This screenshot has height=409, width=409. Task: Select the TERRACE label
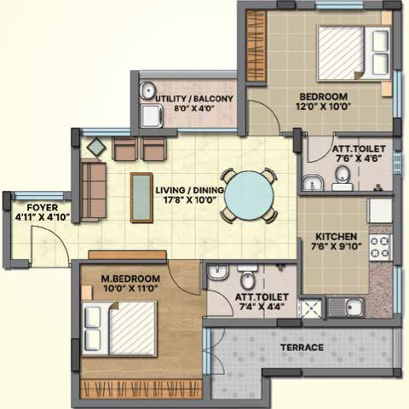coord(302,348)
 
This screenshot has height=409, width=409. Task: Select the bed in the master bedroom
coord(119,328)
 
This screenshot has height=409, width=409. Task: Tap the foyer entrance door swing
coord(43,243)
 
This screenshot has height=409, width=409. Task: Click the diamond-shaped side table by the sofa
coord(96,147)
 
